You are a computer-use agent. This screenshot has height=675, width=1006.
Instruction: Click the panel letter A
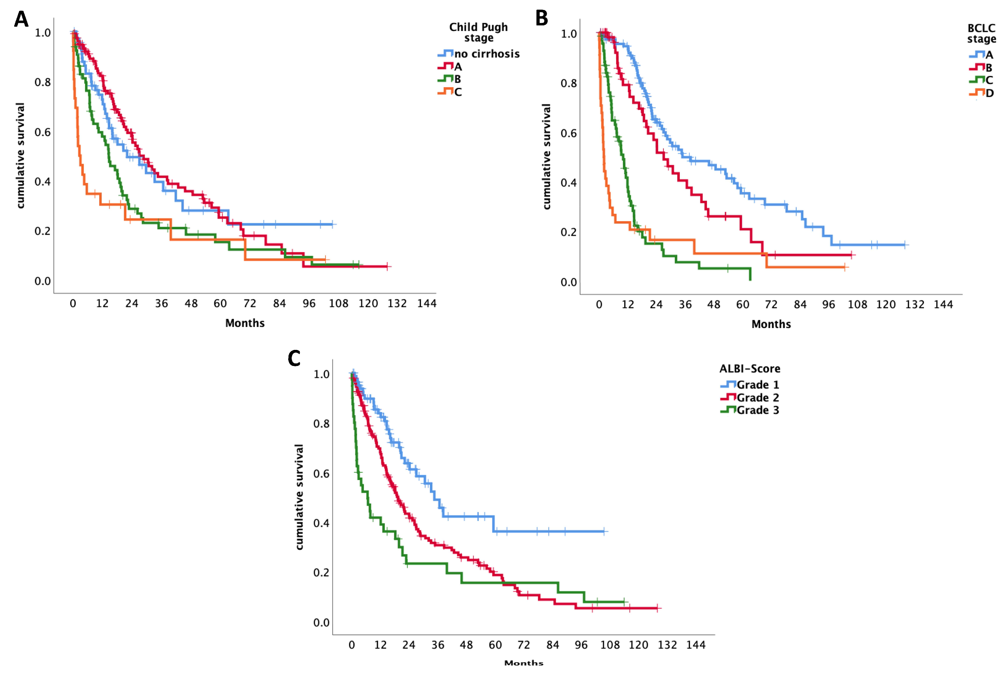[21, 19]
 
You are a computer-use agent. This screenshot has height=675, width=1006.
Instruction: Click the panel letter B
[542, 18]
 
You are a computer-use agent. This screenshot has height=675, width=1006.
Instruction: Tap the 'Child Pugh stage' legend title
[478, 32]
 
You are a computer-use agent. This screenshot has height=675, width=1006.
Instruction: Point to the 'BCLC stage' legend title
[982, 33]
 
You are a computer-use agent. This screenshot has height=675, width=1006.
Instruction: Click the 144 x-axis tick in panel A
[426, 304]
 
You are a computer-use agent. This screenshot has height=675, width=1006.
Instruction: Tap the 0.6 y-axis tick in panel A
[43, 132]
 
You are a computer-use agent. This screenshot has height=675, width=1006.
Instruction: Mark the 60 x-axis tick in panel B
[743, 305]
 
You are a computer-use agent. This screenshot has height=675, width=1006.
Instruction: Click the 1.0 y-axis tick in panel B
[568, 34]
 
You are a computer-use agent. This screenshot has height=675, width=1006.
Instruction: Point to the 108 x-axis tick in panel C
[610, 645]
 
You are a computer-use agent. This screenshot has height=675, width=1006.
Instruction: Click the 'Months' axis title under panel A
[245, 323]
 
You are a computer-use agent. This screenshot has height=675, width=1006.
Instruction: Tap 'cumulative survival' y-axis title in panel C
[299, 497]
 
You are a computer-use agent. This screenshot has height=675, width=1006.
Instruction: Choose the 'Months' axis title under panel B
[771, 324]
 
